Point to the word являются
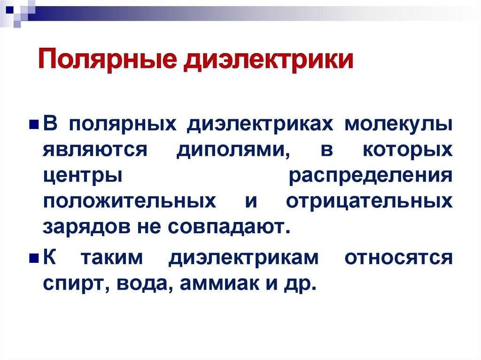[x=96, y=151]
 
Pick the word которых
[x=407, y=151]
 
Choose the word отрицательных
[x=370, y=202]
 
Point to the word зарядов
[x=84, y=228]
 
